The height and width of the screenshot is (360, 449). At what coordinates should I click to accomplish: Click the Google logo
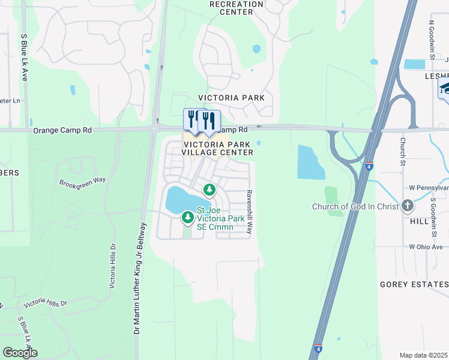[x=20, y=353]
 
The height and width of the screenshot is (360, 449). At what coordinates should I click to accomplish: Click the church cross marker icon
[x=408, y=206]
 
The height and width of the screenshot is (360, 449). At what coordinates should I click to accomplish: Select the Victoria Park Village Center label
[x=218, y=148]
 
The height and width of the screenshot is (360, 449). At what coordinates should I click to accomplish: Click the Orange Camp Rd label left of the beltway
[x=62, y=130]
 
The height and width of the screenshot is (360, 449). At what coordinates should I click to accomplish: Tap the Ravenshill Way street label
[x=249, y=206]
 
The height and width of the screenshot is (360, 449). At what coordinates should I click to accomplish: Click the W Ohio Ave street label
[x=426, y=247]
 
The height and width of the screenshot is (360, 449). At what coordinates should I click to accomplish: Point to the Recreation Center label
[x=236, y=8]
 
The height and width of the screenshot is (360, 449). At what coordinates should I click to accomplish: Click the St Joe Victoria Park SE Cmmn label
[x=222, y=218]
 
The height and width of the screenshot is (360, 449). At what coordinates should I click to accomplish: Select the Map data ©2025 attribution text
[x=424, y=355]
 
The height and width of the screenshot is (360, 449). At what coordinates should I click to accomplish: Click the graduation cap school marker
[x=445, y=89]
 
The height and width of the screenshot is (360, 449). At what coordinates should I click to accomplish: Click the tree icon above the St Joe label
[x=209, y=190]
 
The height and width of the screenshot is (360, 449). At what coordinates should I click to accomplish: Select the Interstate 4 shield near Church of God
[x=369, y=166]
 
